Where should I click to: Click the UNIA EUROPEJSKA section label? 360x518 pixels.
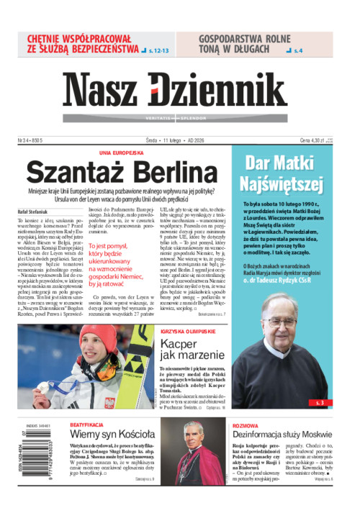[x=122, y=153]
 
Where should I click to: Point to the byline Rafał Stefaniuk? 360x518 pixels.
[x=35, y=211]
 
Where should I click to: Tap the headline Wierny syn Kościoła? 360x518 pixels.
[x=112, y=435]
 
